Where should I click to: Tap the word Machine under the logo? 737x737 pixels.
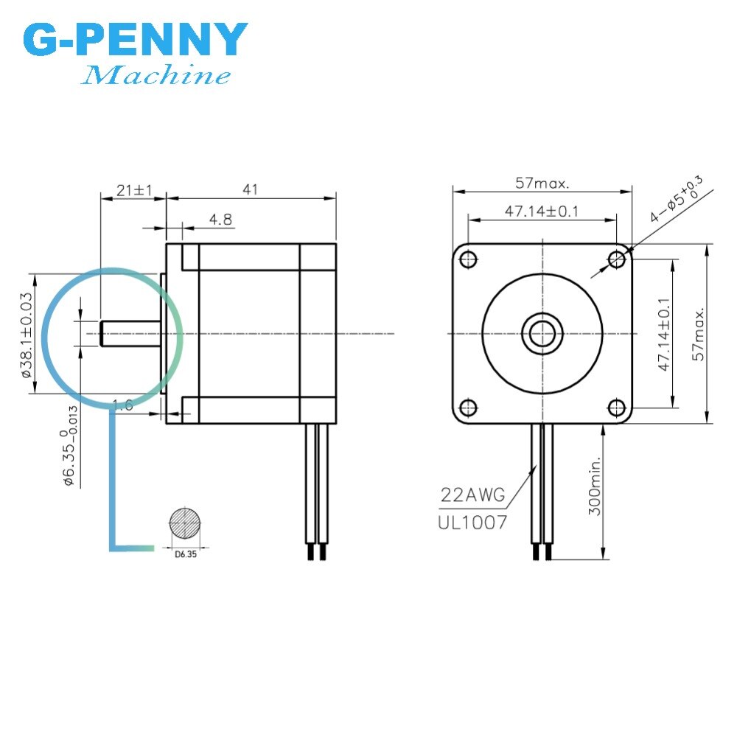156,75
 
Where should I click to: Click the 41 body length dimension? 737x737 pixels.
251,189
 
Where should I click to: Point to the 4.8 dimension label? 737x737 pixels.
220,219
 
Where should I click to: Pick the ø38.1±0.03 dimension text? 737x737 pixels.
27,333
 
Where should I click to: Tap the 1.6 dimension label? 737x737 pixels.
122,404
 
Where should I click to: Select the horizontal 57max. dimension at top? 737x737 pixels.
542,182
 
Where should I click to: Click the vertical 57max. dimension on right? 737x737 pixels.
698,333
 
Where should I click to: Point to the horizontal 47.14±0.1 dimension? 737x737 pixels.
542,212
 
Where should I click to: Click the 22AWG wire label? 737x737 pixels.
473,495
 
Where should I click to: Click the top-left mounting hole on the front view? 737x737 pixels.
467,258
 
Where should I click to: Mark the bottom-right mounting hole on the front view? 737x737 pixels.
616,408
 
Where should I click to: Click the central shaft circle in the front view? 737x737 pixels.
542,333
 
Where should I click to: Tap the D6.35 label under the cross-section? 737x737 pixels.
184,556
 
